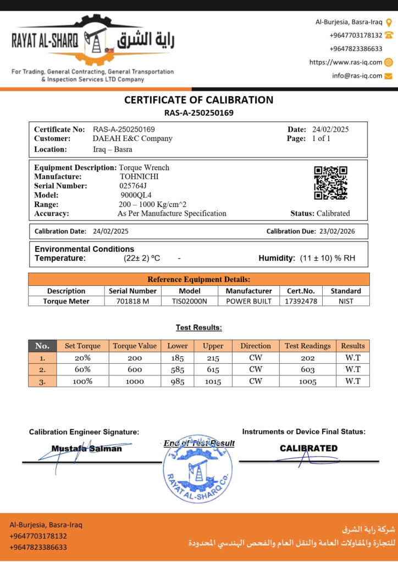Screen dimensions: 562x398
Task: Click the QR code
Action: pyautogui.click(x=330, y=183)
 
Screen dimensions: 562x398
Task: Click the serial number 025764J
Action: pyautogui.click(x=133, y=186)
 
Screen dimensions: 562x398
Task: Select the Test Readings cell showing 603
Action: pyautogui.click(x=307, y=369)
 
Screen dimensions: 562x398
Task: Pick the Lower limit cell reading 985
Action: pyautogui.click(x=178, y=381)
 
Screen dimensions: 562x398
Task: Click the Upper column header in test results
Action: pyautogui.click(x=213, y=346)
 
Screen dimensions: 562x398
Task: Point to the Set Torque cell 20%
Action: pyautogui.click(x=82, y=357)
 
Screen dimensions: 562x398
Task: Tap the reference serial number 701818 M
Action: pyautogui.click(x=132, y=301)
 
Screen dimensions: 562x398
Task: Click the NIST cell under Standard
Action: pyautogui.click(x=346, y=301)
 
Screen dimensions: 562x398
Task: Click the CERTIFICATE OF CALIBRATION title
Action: pyautogui.click(x=198, y=100)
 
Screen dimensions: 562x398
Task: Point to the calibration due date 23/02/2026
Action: pyautogui.click(x=335, y=231)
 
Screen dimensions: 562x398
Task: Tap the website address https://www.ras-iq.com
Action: pyautogui.click(x=346, y=62)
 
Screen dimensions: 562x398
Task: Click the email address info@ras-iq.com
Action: pyautogui.click(x=357, y=76)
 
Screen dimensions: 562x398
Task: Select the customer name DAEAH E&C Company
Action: pyautogui.click(x=132, y=138)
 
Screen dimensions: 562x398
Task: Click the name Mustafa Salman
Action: pyautogui.click(x=87, y=448)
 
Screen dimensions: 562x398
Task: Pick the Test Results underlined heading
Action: pyautogui.click(x=198, y=328)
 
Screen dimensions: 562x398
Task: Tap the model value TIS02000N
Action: pyautogui.click(x=190, y=301)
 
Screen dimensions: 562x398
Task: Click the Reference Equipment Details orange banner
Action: pyautogui.click(x=198, y=279)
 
